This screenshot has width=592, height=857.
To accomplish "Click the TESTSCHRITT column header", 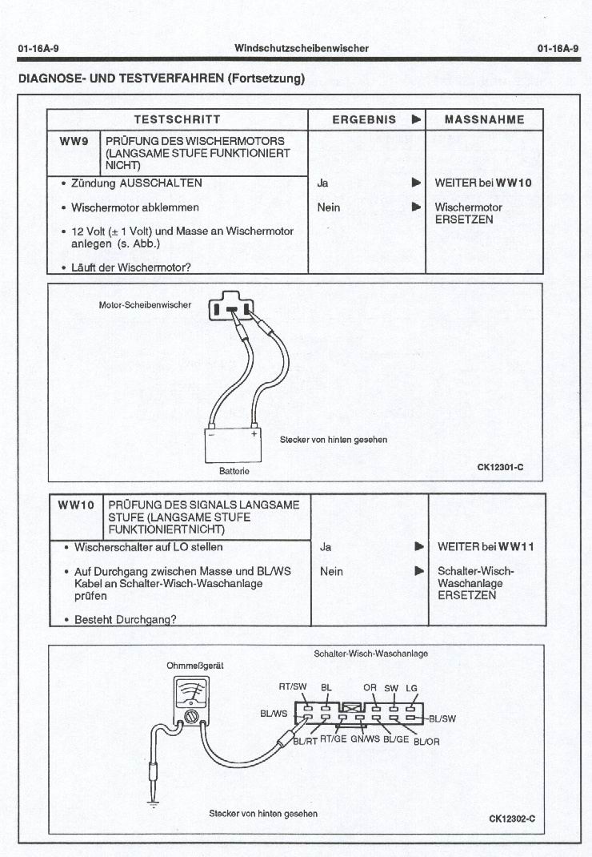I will pyautogui.click(x=177, y=119).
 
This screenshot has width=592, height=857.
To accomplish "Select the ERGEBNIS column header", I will pyautogui.click(x=364, y=119).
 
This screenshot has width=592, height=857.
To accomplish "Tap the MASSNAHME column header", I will pyautogui.click(x=485, y=119).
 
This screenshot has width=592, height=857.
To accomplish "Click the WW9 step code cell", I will pyautogui.click(x=74, y=141).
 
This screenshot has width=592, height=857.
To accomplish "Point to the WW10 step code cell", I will pyautogui.click(x=76, y=505).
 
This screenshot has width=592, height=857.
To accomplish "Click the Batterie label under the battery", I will pyautogui.click(x=234, y=471).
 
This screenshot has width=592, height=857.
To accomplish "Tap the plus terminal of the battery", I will pyautogui.click(x=254, y=433).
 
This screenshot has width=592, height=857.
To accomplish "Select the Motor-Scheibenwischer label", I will pyautogui.click(x=145, y=305).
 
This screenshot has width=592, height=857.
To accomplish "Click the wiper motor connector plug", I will pyautogui.click(x=231, y=308).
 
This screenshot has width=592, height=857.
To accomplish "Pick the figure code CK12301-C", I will pyautogui.click(x=500, y=467).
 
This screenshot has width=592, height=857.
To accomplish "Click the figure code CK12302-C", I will pyautogui.click(x=511, y=819).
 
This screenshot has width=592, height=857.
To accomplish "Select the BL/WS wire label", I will pyautogui.click(x=274, y=712).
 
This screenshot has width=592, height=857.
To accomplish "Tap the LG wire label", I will pyautogui.click(x=412, y=688).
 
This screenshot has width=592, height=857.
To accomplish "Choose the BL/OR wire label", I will pyautogui.click(x=426, y=741).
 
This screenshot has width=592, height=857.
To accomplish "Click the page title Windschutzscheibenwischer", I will pyautogui.click(x=302, y=48).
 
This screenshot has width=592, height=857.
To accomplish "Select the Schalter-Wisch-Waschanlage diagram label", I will pyautogui.click(x=370, y=654).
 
